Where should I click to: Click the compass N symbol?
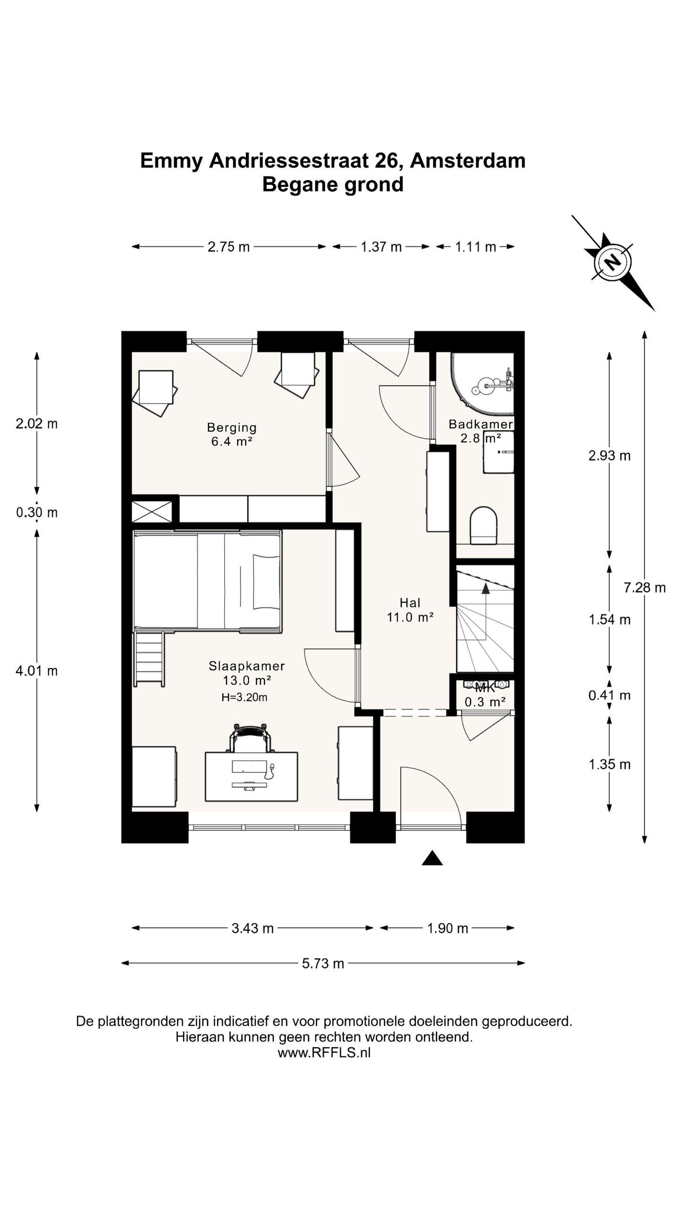point(613,262)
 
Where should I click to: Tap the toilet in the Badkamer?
point(483,525)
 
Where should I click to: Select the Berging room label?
point(232,427)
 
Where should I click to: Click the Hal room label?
point(410,603)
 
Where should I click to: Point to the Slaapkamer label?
point(247,666)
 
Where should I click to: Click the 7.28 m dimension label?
point(645,588)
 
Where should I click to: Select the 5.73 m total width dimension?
point(323,963)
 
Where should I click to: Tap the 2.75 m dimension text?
point(228,247)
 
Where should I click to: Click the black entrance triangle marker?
point(432,858)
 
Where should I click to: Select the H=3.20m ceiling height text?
point(244,697)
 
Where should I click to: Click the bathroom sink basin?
point(498,458)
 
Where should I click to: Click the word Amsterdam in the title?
point(468,161)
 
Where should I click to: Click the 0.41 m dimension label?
point(610,695)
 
